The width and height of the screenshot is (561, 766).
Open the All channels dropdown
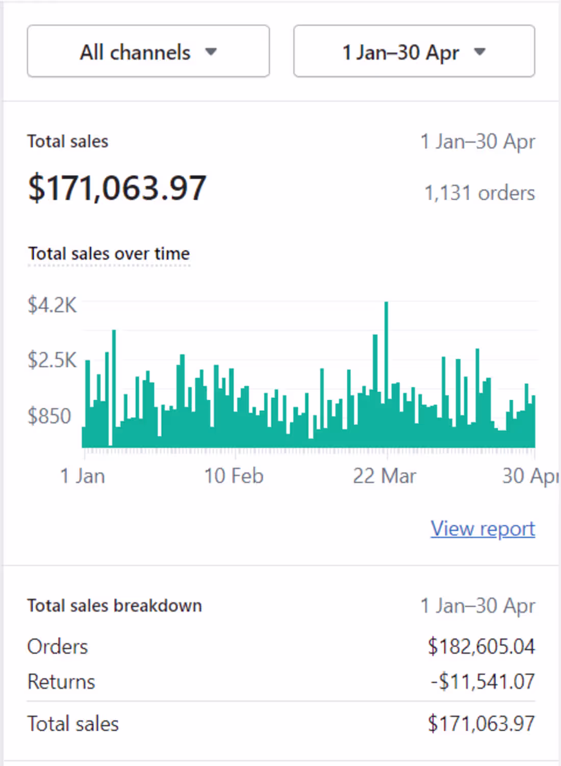148,52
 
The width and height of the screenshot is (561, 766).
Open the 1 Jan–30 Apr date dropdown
414,52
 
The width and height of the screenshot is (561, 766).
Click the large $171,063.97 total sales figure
117,188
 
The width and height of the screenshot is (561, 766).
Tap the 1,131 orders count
479,193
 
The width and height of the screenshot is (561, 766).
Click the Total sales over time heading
109,254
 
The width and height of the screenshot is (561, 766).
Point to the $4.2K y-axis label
52,305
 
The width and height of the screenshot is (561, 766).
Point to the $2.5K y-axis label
52,360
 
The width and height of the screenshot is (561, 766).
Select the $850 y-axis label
49,416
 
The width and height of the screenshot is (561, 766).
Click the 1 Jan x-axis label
83,476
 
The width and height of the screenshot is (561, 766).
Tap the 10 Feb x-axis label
234,476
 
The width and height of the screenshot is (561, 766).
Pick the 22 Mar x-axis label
385,476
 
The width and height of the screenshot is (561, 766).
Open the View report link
482,529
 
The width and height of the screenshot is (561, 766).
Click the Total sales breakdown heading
115,606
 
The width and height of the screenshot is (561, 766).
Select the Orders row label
58,647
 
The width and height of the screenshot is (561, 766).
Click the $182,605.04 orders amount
481,647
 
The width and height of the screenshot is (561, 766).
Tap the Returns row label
61,682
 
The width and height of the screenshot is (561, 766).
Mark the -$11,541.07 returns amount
482,682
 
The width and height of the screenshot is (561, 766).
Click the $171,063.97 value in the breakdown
481,724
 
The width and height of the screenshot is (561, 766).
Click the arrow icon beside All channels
211,52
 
